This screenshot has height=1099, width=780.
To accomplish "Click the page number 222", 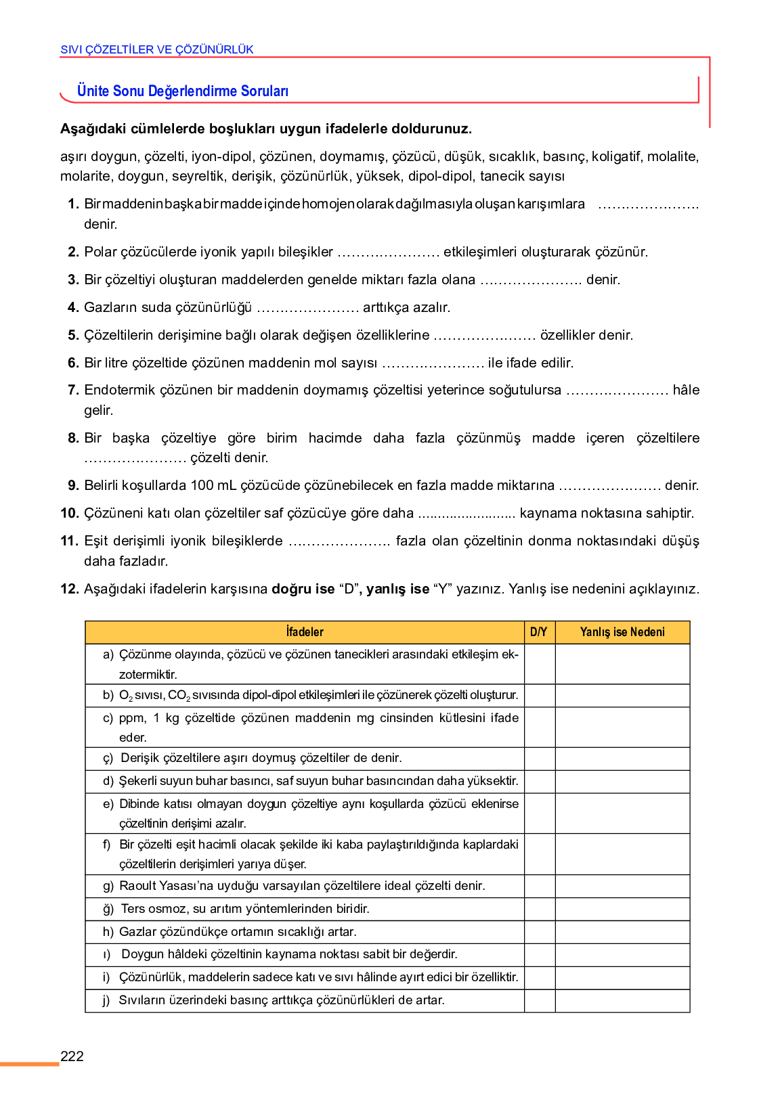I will point(72,1056).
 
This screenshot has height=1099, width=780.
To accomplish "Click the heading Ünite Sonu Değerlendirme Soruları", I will point(182,91).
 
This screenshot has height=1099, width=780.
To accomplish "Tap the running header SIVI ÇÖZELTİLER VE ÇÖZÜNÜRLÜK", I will point(157,49).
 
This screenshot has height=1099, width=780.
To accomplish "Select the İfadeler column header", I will point(305,632).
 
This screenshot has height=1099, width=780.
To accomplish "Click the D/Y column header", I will point(539,632).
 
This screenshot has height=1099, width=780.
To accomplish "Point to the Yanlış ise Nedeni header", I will point(622,632).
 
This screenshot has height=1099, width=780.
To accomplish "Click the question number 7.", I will point(74,390).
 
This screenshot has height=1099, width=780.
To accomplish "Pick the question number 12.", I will point(70,589).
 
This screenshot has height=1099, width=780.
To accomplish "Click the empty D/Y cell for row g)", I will point(540,887).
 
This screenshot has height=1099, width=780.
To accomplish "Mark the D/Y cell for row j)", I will point(540,1001).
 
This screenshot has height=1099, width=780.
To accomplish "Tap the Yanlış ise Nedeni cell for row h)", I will point(622,932).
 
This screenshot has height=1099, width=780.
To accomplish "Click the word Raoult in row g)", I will point(137,886).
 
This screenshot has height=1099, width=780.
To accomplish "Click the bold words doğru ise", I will point(303,589).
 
